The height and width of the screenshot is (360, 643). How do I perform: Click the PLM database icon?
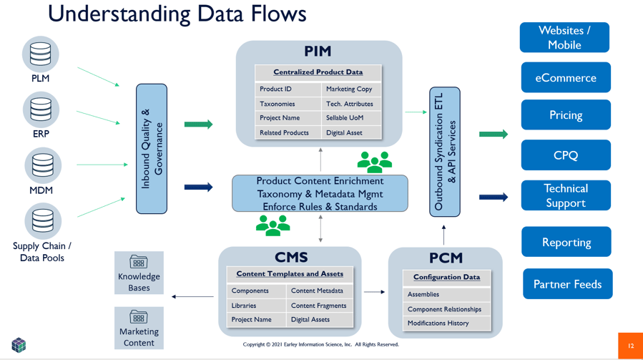pos(41,54)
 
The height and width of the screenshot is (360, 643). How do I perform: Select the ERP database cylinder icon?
pos(41,110)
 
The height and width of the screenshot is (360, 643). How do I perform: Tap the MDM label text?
pos(41,190)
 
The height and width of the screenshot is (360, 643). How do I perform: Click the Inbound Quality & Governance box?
pos(152,149)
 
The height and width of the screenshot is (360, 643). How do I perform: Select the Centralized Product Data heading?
pos(318,72)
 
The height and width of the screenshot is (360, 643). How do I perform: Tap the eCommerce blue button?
pos(565,78)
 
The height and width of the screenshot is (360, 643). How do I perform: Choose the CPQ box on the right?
pos(565,155)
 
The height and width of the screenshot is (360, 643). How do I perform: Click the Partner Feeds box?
pos(567,284)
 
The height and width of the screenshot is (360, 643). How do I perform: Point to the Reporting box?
pos(566,243)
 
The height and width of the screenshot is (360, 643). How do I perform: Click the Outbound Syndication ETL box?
pos(445,152)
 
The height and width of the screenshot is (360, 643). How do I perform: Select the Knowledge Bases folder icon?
pos(139,261)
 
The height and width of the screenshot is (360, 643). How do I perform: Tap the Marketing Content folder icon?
pos(139,316)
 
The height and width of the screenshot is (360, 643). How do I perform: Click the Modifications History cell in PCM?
pos(438,323)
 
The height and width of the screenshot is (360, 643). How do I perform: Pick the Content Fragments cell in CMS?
pos(319,306)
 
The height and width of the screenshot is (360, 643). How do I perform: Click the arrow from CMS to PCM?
pos(374,292)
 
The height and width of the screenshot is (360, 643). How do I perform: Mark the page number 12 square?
pos(630,346)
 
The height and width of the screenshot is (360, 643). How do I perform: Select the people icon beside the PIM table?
pos(374,162)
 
